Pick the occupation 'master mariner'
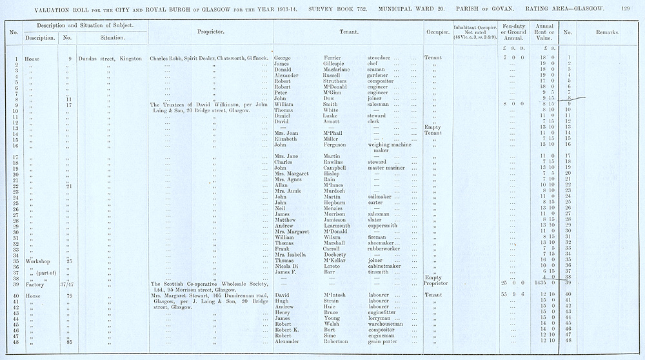(x=387, y=168)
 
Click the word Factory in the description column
(x=35, y=283)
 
